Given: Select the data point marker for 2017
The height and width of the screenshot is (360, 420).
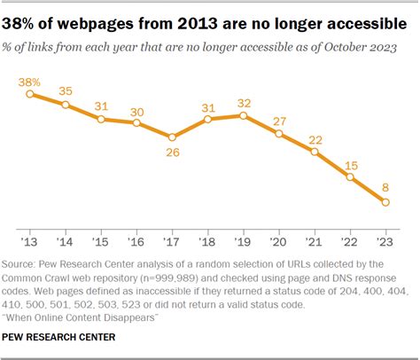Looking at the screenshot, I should pos(172,137).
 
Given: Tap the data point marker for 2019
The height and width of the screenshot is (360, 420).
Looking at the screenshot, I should pos(243,114).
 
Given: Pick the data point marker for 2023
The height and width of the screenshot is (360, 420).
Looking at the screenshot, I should pos(385,203).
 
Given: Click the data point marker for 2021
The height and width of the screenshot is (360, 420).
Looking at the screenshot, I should pos(315,151).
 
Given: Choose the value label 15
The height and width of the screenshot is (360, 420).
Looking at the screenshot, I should pos(350,164).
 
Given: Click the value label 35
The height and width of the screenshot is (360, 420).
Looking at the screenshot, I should pos(66,90).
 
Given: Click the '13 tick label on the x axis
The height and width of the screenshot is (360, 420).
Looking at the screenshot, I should pos(30,240).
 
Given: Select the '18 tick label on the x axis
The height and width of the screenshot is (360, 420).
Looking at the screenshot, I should pos(207,240).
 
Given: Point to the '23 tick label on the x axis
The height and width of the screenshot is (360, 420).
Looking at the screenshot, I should pos(385,240).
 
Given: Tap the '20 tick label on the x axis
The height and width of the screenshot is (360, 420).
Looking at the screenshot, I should pos(279,240).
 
